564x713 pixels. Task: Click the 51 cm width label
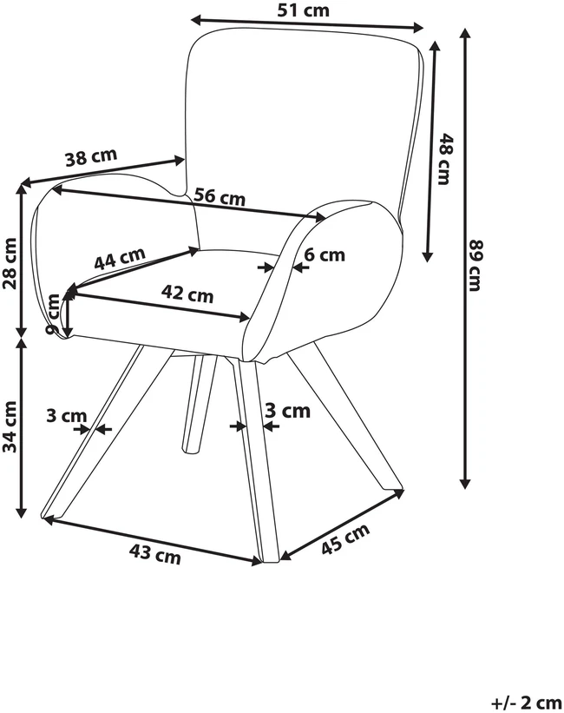[303, 10]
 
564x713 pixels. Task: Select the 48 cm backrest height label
[443, 159]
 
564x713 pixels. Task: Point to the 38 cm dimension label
[91, 157]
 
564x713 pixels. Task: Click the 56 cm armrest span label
[220, 197]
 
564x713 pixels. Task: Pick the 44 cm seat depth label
[120, 258]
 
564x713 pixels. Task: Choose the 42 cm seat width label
[187, 294]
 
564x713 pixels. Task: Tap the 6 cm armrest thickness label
[325, 254]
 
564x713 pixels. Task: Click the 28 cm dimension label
[10, 263]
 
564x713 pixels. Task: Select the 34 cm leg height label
[10, 427]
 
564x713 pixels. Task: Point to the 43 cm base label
[155, 554]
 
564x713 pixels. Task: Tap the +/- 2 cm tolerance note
[526, 703]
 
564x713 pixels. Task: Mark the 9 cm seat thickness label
[53, 314]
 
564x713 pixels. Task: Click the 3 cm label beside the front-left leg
[66, 415]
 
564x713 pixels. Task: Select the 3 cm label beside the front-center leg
[288, 411]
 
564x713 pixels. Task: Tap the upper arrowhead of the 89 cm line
[464, 33]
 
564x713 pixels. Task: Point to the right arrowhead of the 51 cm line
[417, 28]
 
